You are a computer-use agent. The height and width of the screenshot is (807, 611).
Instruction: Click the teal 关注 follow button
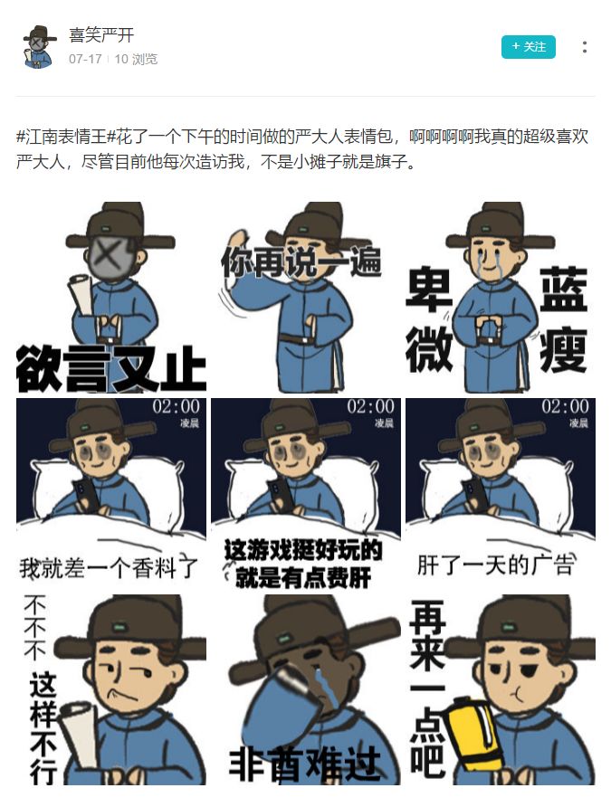pyautogui.click(x=528, y=47)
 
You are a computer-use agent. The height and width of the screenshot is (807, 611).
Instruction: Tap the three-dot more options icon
pyautogui.click(x=584, y=47)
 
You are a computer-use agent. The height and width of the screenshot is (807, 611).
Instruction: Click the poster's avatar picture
pyautogui.click(x=39, y=47)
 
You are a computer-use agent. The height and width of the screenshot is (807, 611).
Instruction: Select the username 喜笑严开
pyautogui.click(x=101, y=35)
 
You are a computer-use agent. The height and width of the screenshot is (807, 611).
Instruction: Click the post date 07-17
pyautogui.click(x=85, y=59)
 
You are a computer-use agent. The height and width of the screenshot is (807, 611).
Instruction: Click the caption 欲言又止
pyautogui.click(x=110, y=367)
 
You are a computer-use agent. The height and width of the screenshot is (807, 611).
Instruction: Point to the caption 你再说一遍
pyautogui.click(x=301, y=261)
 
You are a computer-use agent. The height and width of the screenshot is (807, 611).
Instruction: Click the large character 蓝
pyautogui.click(x=563, y=290)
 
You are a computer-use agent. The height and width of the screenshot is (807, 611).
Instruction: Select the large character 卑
pyautogui.click(x=429, y=290)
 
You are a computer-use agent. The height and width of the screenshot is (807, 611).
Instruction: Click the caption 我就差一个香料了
pyautogui.click(x=109, y=567)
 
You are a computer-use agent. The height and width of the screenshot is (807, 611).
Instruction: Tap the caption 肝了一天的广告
pyautogui.click(x=496, y=565)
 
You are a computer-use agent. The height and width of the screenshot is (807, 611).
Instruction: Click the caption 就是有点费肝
pyautogui.click(x=304, y=577)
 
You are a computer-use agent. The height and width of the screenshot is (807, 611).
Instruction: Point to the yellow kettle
pyautogui.click(x=473, y=733)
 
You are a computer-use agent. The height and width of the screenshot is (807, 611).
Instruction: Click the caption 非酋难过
pyautogui.click(x=305, y=764)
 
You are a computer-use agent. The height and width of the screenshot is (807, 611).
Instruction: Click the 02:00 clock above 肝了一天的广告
pyautogui.click(x=565, y=406)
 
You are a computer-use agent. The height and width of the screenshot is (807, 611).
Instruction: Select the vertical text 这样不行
pyautogui.click(x=43, y=728)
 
